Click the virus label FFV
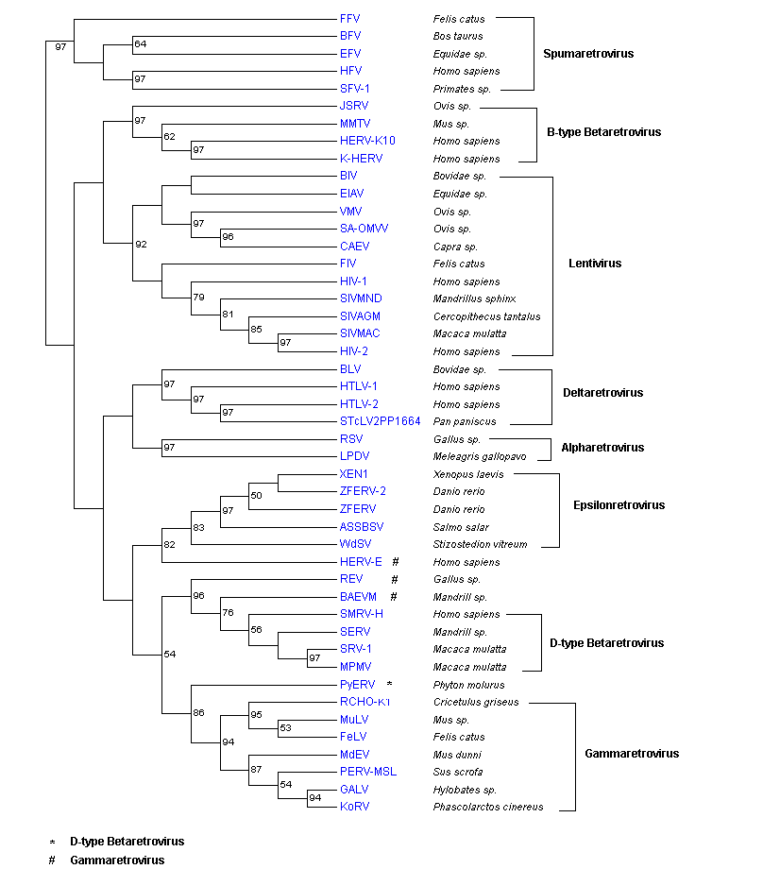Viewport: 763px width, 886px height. pos(349,18)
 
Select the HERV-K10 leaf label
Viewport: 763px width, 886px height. pos(367,141)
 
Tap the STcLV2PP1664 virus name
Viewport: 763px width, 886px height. pos(380,421)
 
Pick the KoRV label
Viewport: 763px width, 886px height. pos(354,808)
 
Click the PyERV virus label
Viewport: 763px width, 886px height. pos(357,685)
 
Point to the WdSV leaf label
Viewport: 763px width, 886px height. pos(355,544)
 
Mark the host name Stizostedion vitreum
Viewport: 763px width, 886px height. pos(480,544)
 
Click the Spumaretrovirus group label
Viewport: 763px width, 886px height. pos(588,54)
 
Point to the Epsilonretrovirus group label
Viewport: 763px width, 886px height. pos(619,505)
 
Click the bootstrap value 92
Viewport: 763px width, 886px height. pos(142,245)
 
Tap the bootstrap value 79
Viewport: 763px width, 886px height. pos(199,298)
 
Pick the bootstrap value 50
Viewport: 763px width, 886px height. pos(256,496)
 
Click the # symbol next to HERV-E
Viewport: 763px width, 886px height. pos(396,562)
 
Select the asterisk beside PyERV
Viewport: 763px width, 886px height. pos(389,684)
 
